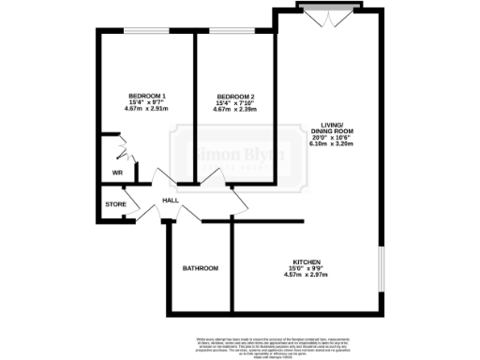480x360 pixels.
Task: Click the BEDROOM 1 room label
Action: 146,96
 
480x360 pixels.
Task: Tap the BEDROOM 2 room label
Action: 235,97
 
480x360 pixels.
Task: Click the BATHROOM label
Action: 200,269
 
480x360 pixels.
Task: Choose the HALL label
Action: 171,201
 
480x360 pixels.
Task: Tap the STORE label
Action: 115,203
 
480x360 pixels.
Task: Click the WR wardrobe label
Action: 118,173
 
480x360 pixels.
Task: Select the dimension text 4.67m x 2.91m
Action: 146,109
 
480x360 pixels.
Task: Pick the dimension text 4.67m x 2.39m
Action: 235,110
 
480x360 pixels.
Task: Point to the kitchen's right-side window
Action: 381,271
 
